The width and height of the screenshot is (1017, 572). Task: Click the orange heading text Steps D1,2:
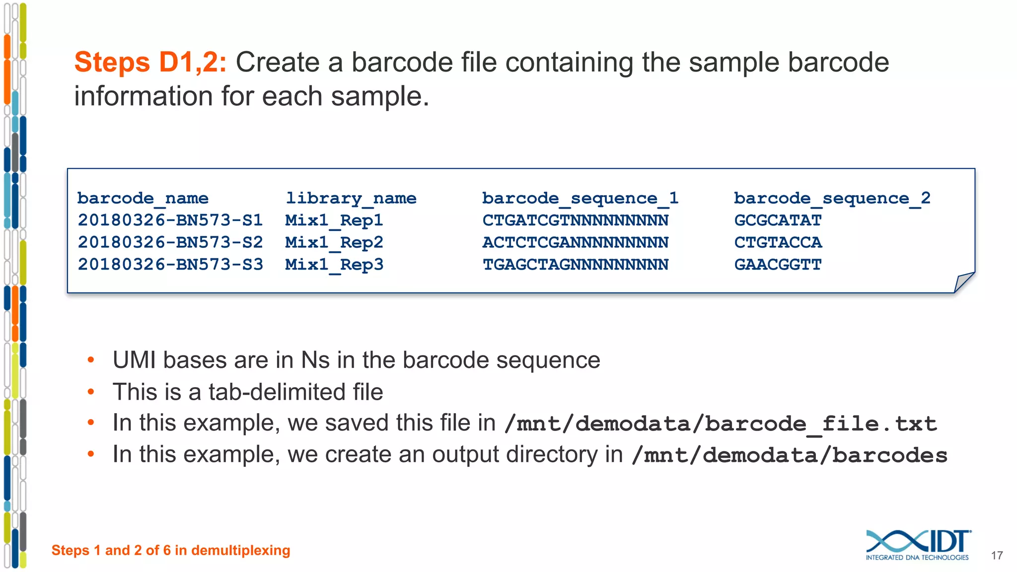[x=150, y=63]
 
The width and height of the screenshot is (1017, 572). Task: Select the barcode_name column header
[x=143, y=199]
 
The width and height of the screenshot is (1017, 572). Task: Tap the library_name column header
[x=351, y=199]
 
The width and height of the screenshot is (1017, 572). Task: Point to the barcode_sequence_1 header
[x=580, y=199]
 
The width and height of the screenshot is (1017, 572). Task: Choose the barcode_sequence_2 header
[x=832, y=199]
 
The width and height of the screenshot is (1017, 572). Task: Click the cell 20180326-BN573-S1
[x=170, y=220]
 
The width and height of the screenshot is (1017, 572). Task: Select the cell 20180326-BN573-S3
[x=170, y=265]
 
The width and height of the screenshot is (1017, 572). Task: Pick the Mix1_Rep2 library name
[x=334, y=243]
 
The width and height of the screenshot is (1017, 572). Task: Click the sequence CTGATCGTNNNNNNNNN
[x=576, y=220]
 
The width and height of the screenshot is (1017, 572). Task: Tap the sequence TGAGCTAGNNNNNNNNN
[x=576, y=265]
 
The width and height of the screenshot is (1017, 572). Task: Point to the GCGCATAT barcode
[x=778, y=220]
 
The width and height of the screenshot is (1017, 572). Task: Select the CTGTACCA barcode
[x=778, y=243]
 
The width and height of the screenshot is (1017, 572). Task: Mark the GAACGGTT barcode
[x=778, y=265]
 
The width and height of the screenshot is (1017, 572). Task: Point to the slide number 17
[x=997, y=556]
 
